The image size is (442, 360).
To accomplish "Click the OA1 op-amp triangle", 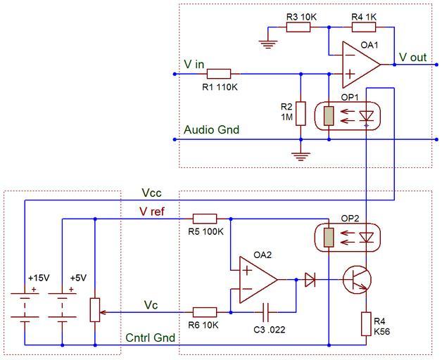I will point(358,64).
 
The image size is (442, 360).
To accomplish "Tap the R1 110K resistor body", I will point(220,73).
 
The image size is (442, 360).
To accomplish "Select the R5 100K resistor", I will point(205,219).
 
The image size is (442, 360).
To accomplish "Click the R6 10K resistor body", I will point(205,310).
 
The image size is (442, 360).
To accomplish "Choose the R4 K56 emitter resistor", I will point(366,324).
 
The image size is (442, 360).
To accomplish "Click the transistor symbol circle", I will point(357,280).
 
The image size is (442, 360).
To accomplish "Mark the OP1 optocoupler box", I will point(348,114).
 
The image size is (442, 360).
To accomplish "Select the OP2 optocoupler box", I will point(348,236).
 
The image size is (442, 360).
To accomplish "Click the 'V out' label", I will point(413,57).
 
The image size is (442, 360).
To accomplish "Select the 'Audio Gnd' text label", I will point(211,130).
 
